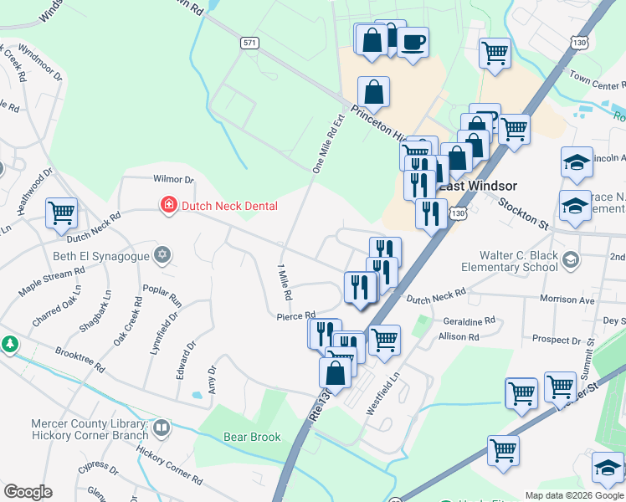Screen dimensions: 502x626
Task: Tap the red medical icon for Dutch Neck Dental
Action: pyautogui.click(x=169, y=205)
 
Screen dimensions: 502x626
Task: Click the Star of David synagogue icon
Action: pyautogui.click(x=163, y=254)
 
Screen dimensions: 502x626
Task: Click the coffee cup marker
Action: pyautogui.click(x=412, y=43)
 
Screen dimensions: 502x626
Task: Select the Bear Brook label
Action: pyautogui.click(x=252, y=437)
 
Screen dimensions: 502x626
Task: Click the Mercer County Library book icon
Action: pyautogui.click(x=161, y=428)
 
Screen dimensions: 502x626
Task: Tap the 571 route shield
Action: pyautogui.click(x=249, y=43)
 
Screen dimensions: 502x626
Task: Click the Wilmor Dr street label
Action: pyautogui.click(x=173, y=179)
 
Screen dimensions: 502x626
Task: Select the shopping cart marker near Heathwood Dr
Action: pyautogui.click(x=62, y=214)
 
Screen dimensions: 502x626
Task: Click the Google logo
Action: pyautogui.click(x=28, y=492)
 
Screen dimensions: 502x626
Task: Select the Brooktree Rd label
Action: pyautogui.click(x=80, y=361)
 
